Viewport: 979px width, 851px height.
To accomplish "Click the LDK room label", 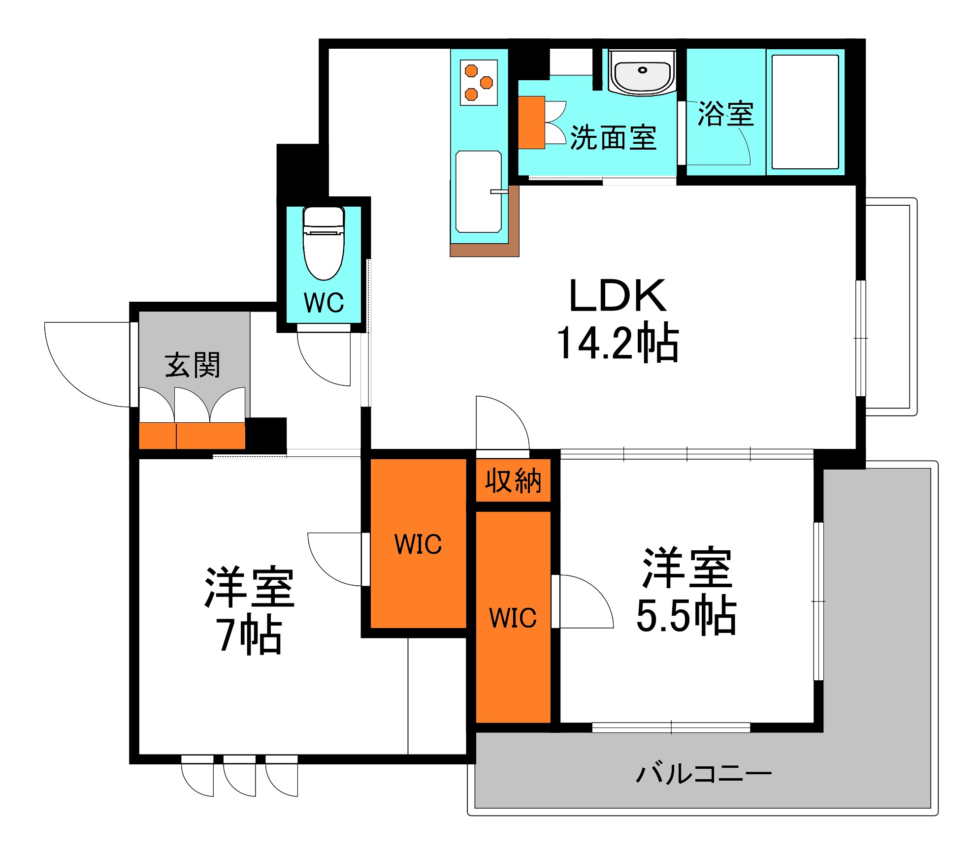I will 618,296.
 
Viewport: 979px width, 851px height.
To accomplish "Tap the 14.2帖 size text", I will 618,343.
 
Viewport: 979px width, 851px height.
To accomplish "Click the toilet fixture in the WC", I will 323,244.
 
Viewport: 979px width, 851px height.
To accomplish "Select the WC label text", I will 324,303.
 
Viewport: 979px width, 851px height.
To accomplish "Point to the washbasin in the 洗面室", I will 642,74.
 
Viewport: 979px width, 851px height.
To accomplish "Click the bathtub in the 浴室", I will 805,112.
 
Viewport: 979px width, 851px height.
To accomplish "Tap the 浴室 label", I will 725,114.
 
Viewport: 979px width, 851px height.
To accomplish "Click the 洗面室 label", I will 613,138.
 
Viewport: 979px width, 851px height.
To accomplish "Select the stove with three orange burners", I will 479,82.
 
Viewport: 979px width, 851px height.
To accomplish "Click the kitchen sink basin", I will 478,192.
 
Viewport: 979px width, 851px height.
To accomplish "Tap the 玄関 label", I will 193,365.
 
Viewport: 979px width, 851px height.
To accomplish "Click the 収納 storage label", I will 513,481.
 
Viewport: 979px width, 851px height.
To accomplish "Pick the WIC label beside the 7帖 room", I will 418,544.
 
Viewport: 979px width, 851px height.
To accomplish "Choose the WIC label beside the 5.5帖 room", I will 513,618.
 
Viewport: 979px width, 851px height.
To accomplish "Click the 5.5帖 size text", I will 686,615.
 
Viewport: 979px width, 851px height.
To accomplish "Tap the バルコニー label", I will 704,774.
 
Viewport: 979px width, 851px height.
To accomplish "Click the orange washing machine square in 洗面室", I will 531,123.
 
